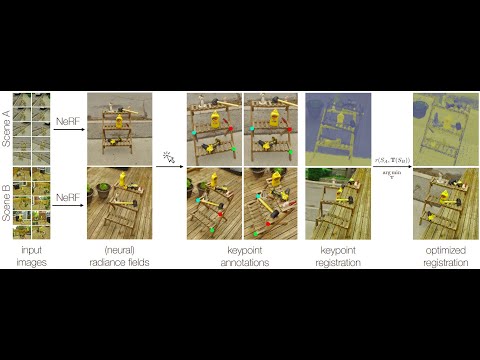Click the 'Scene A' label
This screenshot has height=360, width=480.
(x=7, y=129)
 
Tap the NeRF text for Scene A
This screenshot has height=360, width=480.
(x=68, y=120)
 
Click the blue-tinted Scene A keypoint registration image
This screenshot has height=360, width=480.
(x=337, y=129)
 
